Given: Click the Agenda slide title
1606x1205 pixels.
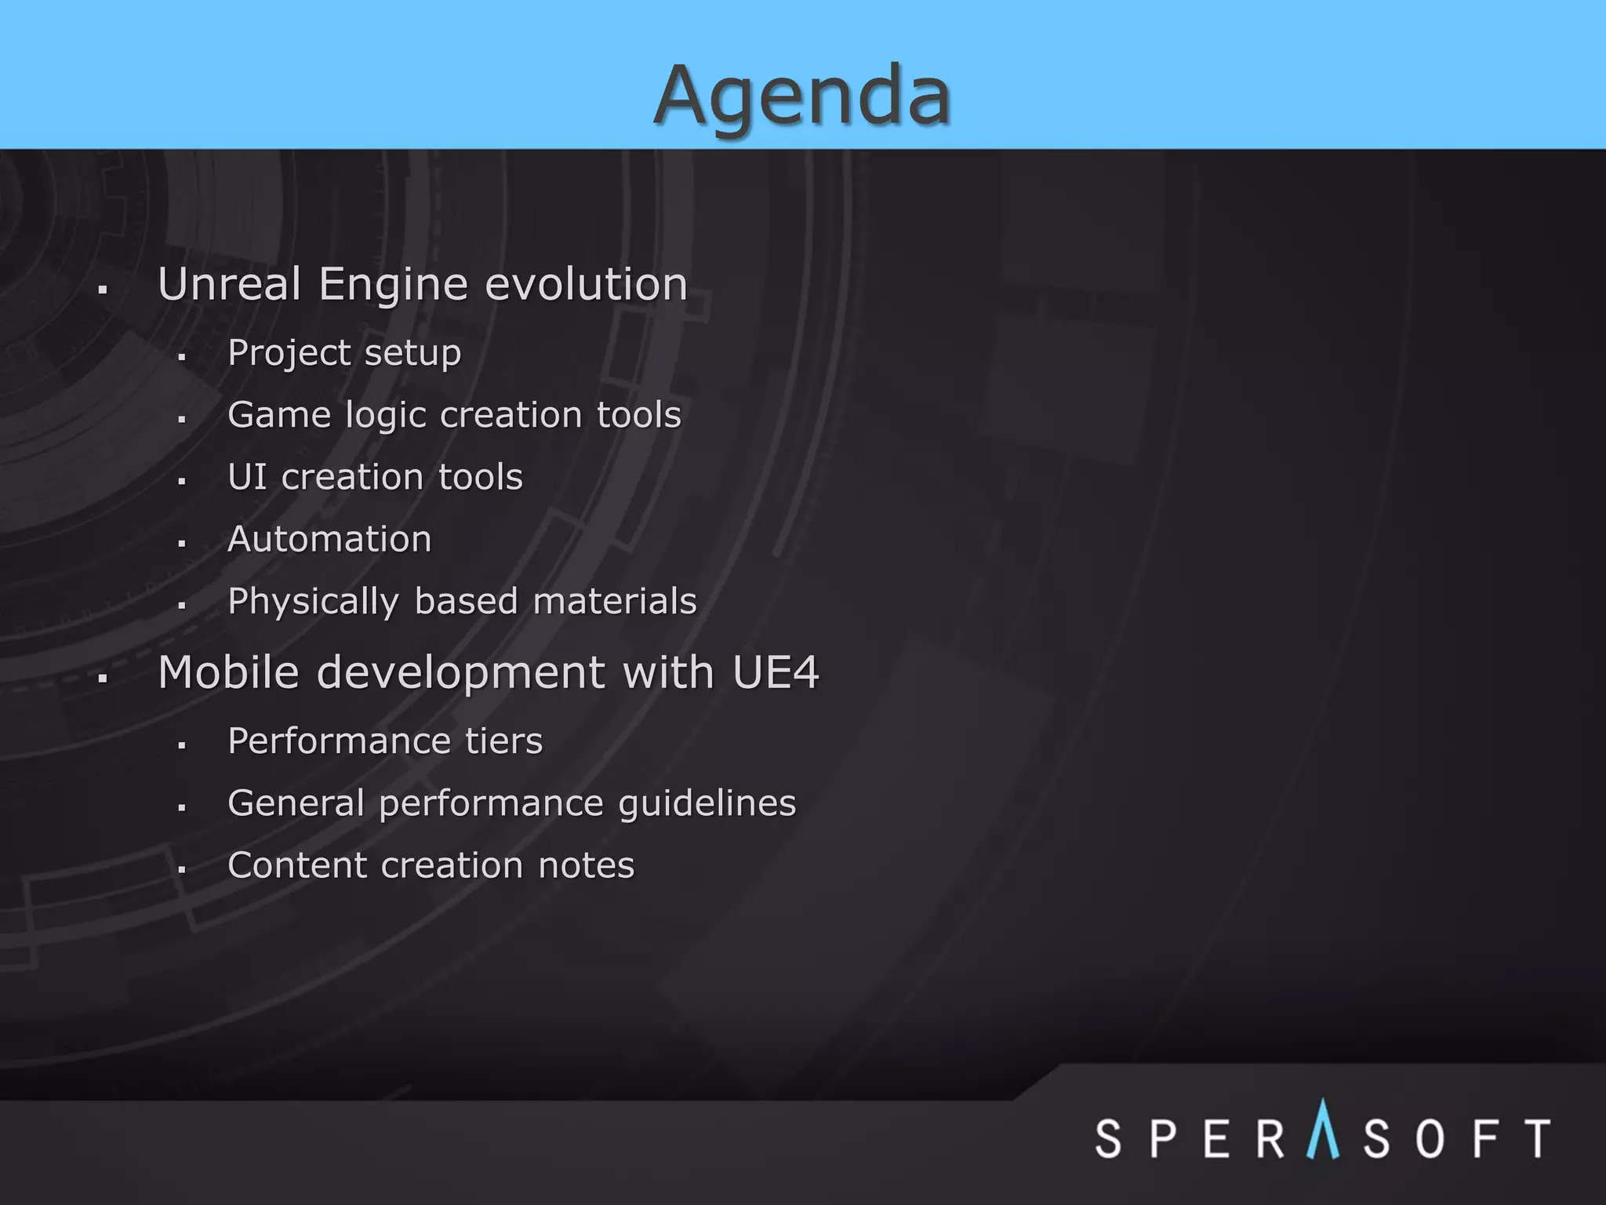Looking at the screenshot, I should (x=802, y=96).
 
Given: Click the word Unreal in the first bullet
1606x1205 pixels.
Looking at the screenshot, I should (x=229, y=284).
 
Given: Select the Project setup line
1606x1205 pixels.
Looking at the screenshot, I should (x=344, y=353).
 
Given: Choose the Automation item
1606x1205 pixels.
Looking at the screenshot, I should (x=329, y=539).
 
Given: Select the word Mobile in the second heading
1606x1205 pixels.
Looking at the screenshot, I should (x=228, y=672).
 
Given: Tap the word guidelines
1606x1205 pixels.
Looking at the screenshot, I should (x=707, y=804).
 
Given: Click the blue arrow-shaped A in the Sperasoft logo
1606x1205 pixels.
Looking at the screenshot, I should (x=1323, y=1130).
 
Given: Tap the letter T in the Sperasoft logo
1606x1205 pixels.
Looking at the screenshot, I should (x=1536, y=1138).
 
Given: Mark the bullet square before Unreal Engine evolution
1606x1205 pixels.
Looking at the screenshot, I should (x=103, y=290).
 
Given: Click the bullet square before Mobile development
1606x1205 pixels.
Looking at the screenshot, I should (x=103, y=679).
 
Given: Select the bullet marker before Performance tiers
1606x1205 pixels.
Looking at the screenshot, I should (x=181, y=746).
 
